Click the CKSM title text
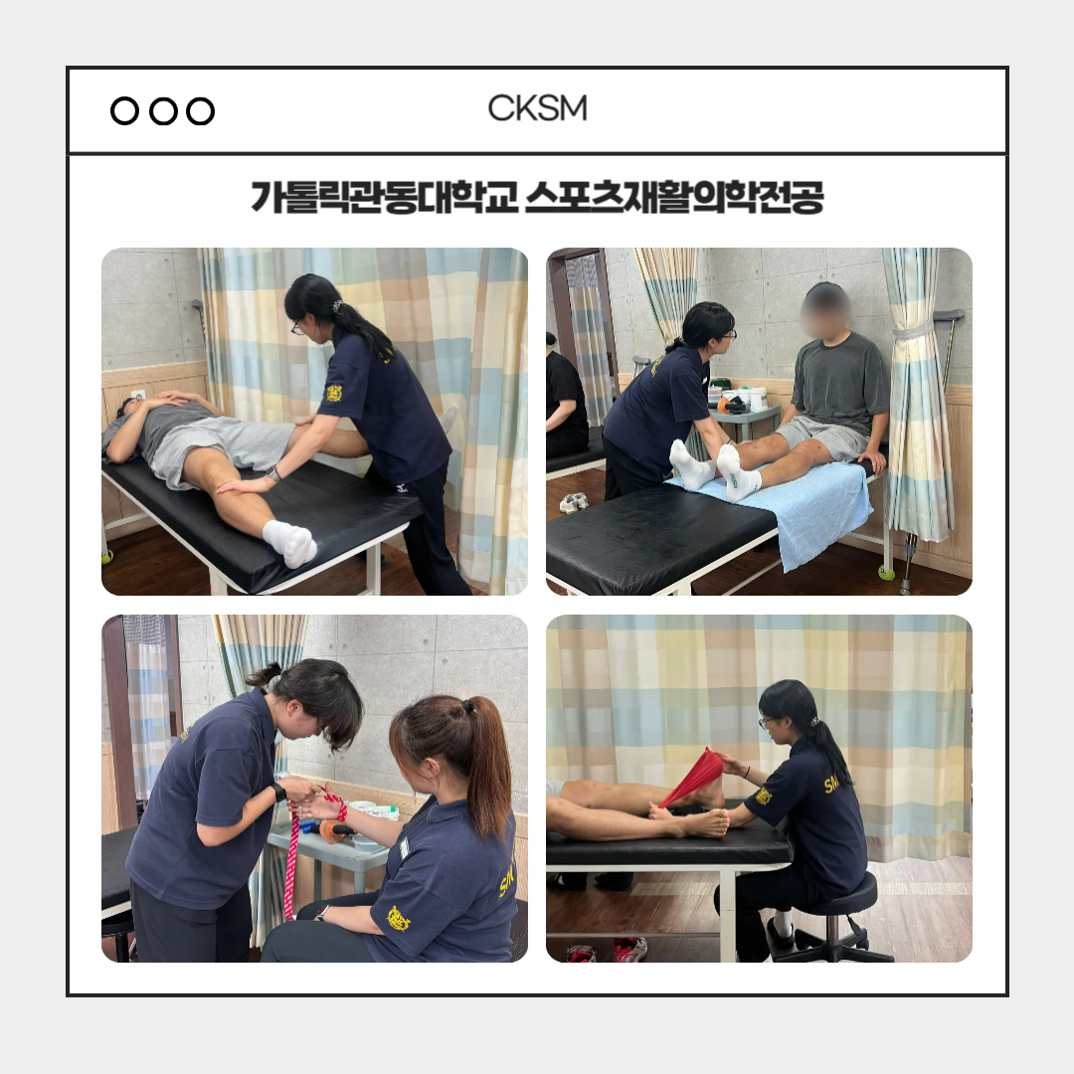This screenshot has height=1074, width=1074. click(537, 108)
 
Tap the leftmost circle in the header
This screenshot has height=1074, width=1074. click(124, 111)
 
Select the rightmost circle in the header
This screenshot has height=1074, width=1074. click(201, 111)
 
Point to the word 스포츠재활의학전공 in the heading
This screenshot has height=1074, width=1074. click(674, 197)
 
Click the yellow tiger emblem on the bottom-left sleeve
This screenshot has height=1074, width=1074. click(398, 919)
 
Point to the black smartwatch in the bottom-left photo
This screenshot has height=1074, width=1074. click(278, 793)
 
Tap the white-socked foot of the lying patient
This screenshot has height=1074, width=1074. click(291, 543)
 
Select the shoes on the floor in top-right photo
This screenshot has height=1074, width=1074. click(574, 502)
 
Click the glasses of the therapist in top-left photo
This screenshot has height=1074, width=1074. click(297, 327)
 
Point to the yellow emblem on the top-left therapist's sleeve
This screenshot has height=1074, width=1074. click(333, 393)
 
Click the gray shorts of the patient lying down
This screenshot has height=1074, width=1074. click(223, 446)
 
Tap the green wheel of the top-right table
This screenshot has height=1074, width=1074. click(886, 572)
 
